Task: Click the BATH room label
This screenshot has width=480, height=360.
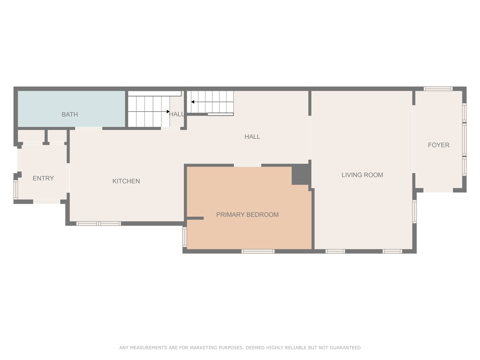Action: tap(70, 114)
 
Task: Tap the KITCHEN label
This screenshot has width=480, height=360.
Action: tap(126, 181)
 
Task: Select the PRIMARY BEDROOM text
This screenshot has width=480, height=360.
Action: tap(247, 215)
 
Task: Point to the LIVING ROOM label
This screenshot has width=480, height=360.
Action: tap(362, 175)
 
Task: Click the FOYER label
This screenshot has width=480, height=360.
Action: tap(439, 145)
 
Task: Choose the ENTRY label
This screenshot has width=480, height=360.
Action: tap(43, 178)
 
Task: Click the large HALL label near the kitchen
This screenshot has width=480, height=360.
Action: tap(252, 137)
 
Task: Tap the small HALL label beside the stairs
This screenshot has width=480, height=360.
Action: tap(177, 114)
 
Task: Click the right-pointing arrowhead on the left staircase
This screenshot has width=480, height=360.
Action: tap(168, 111)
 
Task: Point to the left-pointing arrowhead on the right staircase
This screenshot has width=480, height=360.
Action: tap(193, 102)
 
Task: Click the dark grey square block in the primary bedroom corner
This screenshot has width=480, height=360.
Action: tap(301, 175)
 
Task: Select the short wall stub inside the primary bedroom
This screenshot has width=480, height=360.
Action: tap(195, 218)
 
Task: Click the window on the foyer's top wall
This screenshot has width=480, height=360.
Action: tap(438, 89)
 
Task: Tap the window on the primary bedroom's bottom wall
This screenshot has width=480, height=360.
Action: tap(258, 251)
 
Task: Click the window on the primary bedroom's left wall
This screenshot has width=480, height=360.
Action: tap(185, 237)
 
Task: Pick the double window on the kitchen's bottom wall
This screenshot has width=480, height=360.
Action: tap(98, 223)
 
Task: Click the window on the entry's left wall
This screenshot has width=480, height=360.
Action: tap(16, 190)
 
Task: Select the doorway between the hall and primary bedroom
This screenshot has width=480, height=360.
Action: tap(248, 165)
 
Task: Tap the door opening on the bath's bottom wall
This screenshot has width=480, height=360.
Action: tap(89, 128)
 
